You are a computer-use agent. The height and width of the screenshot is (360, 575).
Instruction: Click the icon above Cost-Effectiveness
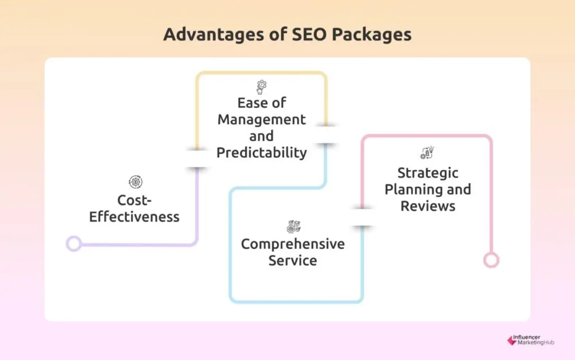pyautogui.click(x=135, y=182)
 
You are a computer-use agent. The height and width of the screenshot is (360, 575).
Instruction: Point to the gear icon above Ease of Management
pyautogui.click(x=262, y=86)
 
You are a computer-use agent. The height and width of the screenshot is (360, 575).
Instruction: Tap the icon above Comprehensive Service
pyautogui.click(x=293, y=227)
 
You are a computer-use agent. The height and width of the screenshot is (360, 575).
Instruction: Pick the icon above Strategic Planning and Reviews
pyautogui.click(x=427, y=153)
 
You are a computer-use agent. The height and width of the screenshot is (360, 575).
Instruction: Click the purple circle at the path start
pyautogui.click(x=74, y=243)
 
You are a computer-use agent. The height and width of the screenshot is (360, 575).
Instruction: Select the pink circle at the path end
pyautogui.click(x=491, y=260)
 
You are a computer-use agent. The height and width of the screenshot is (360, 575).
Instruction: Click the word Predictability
pyautogui.click(x=262, y=152)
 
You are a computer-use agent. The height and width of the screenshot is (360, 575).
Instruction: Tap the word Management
pyautogui.click(x=262, y=120)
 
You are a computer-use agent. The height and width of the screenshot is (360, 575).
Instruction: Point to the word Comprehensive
pyautogui.click(x=293, y=244)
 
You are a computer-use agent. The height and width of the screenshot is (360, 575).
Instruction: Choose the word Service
pyautogui.click(x=293, y=261)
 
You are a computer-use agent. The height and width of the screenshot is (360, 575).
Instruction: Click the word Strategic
pyautogui.click(x=428, y=172)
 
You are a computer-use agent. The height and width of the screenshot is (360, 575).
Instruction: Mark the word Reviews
pyautogui.click(x=428, y=206)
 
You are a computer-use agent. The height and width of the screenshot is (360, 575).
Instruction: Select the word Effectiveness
pyautogui.click(x=135, y=216)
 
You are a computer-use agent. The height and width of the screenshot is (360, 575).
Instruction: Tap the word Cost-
pyautogui.click(x=135, y=200)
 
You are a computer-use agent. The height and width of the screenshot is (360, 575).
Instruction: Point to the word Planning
pyautogui.click(x=412, y=189)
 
